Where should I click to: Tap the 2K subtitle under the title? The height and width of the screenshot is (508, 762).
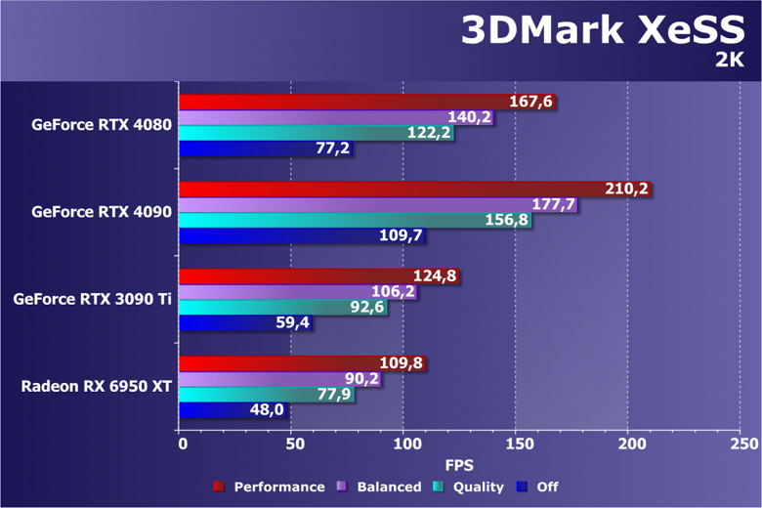coord(730,62)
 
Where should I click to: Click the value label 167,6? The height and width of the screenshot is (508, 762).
coord(531,102)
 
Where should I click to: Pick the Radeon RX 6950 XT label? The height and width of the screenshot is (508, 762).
coord(97,386)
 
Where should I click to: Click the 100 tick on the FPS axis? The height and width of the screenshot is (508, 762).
coord(404,444)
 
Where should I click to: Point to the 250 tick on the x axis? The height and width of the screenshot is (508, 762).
coord(744,444)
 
